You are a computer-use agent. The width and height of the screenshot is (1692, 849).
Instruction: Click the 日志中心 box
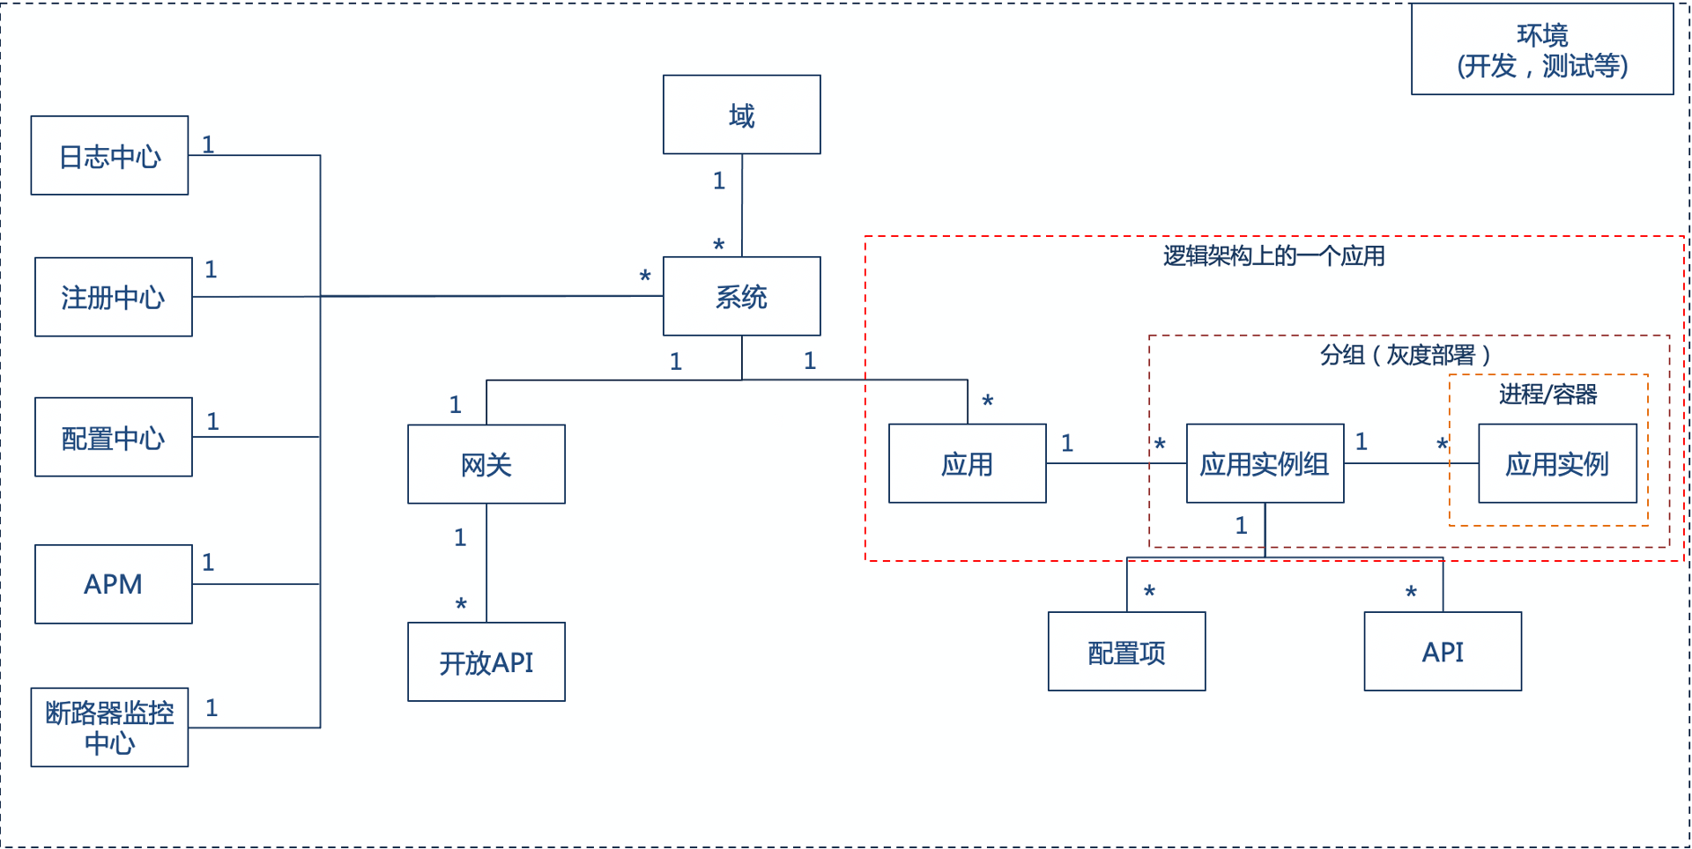[x=109, y=156]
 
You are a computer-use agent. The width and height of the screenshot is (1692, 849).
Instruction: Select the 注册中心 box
[x=113, y=297]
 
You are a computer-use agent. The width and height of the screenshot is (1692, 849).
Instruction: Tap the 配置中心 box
[x=113, y=437]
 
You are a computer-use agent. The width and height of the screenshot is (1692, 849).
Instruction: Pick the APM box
[x=113, y=584]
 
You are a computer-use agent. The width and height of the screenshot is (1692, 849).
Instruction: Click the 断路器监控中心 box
[x=109, y=727]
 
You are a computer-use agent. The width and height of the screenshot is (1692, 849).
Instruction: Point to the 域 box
[x=741, y=114]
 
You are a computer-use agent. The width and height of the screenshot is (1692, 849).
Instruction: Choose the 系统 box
[x=741, y=297]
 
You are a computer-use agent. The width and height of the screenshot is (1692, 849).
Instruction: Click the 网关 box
[x=486, y=464]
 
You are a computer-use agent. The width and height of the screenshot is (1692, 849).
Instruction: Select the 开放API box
[x=486, y=662]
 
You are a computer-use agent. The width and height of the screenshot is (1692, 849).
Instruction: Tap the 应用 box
[x=967, y=464]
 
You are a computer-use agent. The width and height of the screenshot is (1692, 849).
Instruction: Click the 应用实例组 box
[x=1265, y=464]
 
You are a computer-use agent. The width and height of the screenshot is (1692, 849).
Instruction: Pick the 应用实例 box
[x=1557, y=464]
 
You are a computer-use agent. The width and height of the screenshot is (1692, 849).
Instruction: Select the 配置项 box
[x=1126, y=652]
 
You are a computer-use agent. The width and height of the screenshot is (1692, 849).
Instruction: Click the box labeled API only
[x=1443, y=652]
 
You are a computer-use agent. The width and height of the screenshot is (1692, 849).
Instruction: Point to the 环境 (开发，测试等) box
[x=1542, y=49]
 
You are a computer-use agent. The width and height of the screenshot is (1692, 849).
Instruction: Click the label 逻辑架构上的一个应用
[x=1273, y=256]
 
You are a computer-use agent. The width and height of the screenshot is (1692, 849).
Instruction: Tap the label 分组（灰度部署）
[x=1406, y=355]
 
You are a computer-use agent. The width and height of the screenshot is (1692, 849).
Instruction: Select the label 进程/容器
[x=1547, y=394]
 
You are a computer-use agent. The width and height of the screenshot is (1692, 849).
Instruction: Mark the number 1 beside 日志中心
[x=208, y=144]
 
